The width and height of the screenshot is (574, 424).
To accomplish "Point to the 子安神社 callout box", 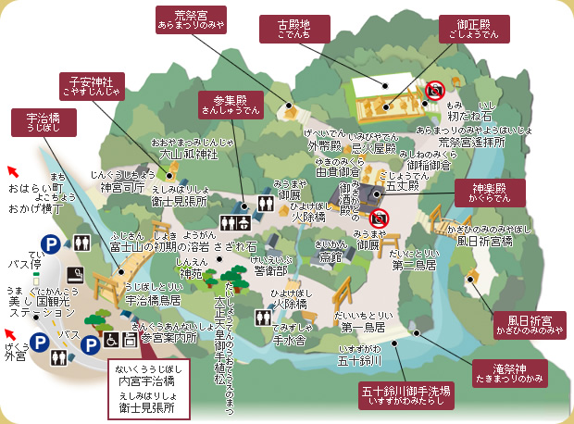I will [92, 85].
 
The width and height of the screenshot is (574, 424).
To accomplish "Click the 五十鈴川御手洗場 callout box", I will [406, 396].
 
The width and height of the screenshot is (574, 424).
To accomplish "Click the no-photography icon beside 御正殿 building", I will [436, 90].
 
